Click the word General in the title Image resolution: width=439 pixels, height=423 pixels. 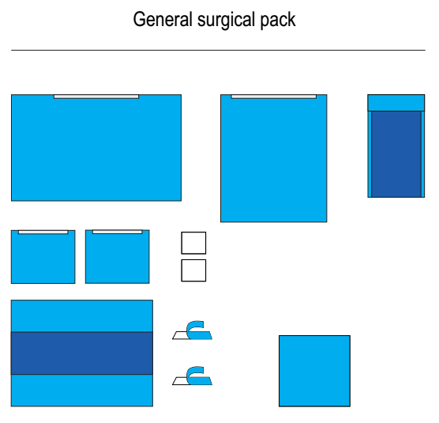coord(163,19)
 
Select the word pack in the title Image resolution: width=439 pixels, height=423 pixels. coord(278,21)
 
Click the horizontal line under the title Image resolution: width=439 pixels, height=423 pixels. coord(218,50)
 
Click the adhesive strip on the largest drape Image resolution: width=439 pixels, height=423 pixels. coord(96,96)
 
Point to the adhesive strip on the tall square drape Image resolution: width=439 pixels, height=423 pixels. coord(273,96)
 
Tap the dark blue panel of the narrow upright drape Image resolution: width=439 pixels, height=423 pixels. coord(396,154)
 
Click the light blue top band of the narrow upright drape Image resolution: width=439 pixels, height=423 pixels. coord(396,103)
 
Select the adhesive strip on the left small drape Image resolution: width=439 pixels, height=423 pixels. coord(43,232)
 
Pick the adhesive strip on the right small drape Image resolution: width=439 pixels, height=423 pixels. coord(118,232)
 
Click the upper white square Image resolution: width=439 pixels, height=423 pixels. coord(193,243)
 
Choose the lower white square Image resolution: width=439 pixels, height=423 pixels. coord(193,270)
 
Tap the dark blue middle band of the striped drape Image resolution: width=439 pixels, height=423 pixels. coord(82,353)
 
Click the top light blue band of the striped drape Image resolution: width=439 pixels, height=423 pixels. coord(82,316)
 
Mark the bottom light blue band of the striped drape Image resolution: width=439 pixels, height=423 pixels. coord(82,391)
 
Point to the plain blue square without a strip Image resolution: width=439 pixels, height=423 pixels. coord(314,371)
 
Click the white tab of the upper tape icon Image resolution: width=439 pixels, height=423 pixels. coord(181,335)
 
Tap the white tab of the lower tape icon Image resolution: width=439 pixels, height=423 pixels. coord(181,380)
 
